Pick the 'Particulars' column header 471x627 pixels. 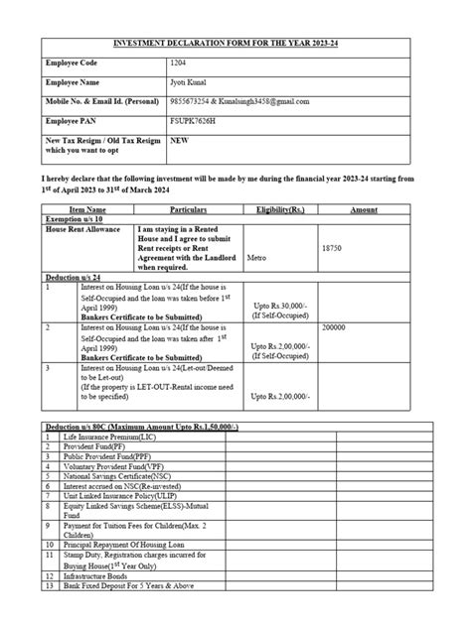click(x=188, y=210)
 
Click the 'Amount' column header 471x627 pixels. click(x=364, y=210)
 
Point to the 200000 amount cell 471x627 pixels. click(x=335, y=325)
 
